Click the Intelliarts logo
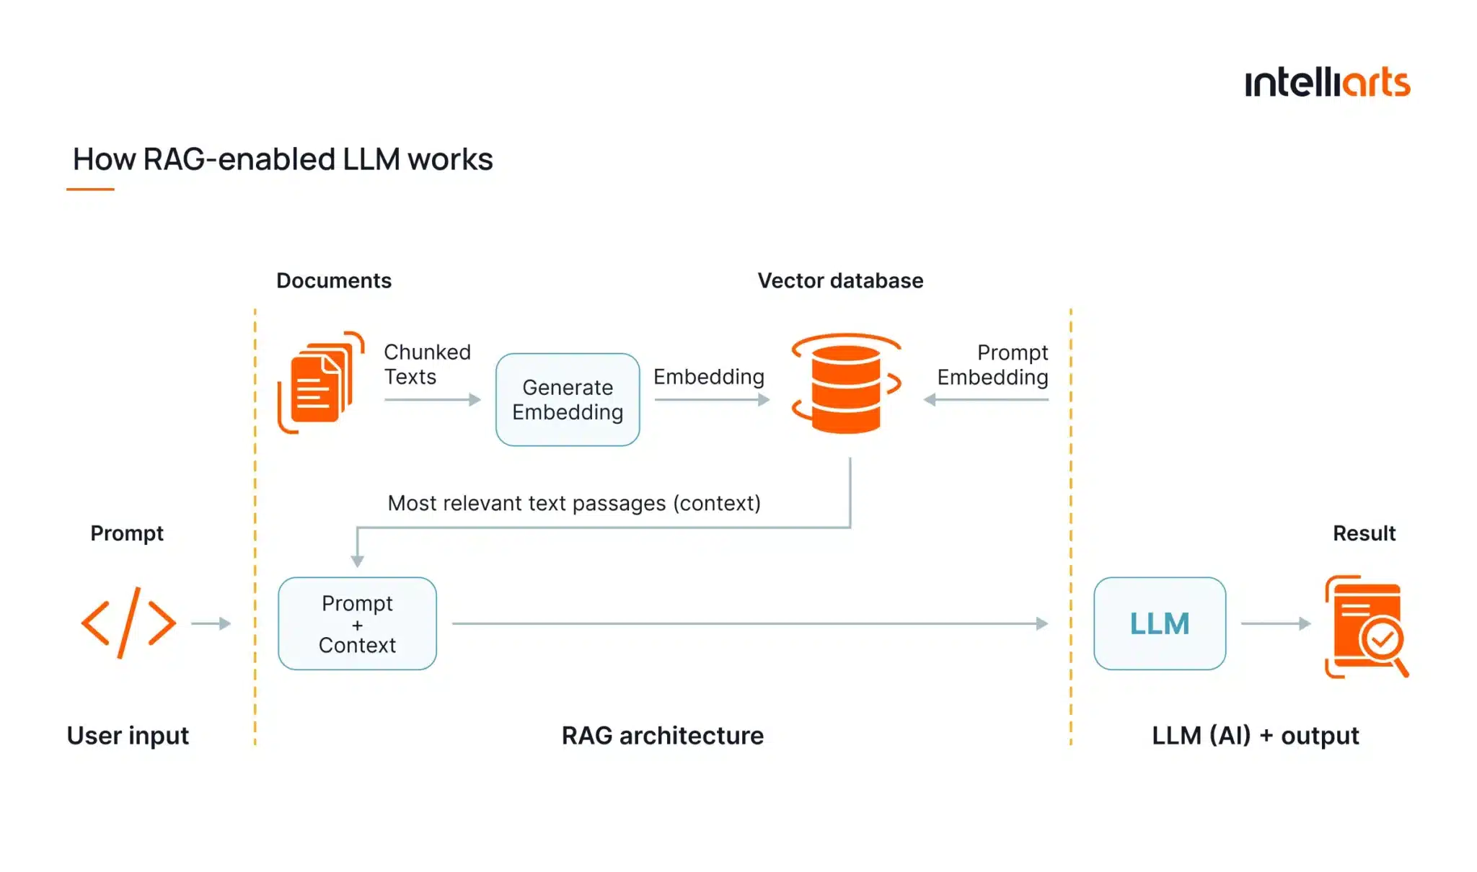point(1326,83)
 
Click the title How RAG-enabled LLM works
point(282,159)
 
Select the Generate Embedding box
point(568,400)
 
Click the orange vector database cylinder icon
point(846,386)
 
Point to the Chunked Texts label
point(426,364)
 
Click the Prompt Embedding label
point(992,365)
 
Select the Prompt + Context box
point(357,623)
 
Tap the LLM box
point(1159,623)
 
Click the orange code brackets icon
point(128,623)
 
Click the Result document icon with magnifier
point(1365,626)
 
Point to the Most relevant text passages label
point(574,503)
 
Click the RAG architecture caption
point(662,735)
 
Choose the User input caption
point(128,735)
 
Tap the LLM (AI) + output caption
point(1255,735)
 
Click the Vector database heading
point(840,280)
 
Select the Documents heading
point(334,280)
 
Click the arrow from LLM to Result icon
point(1275,623)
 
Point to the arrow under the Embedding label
point(711,400)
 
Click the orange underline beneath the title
point(90,190)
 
